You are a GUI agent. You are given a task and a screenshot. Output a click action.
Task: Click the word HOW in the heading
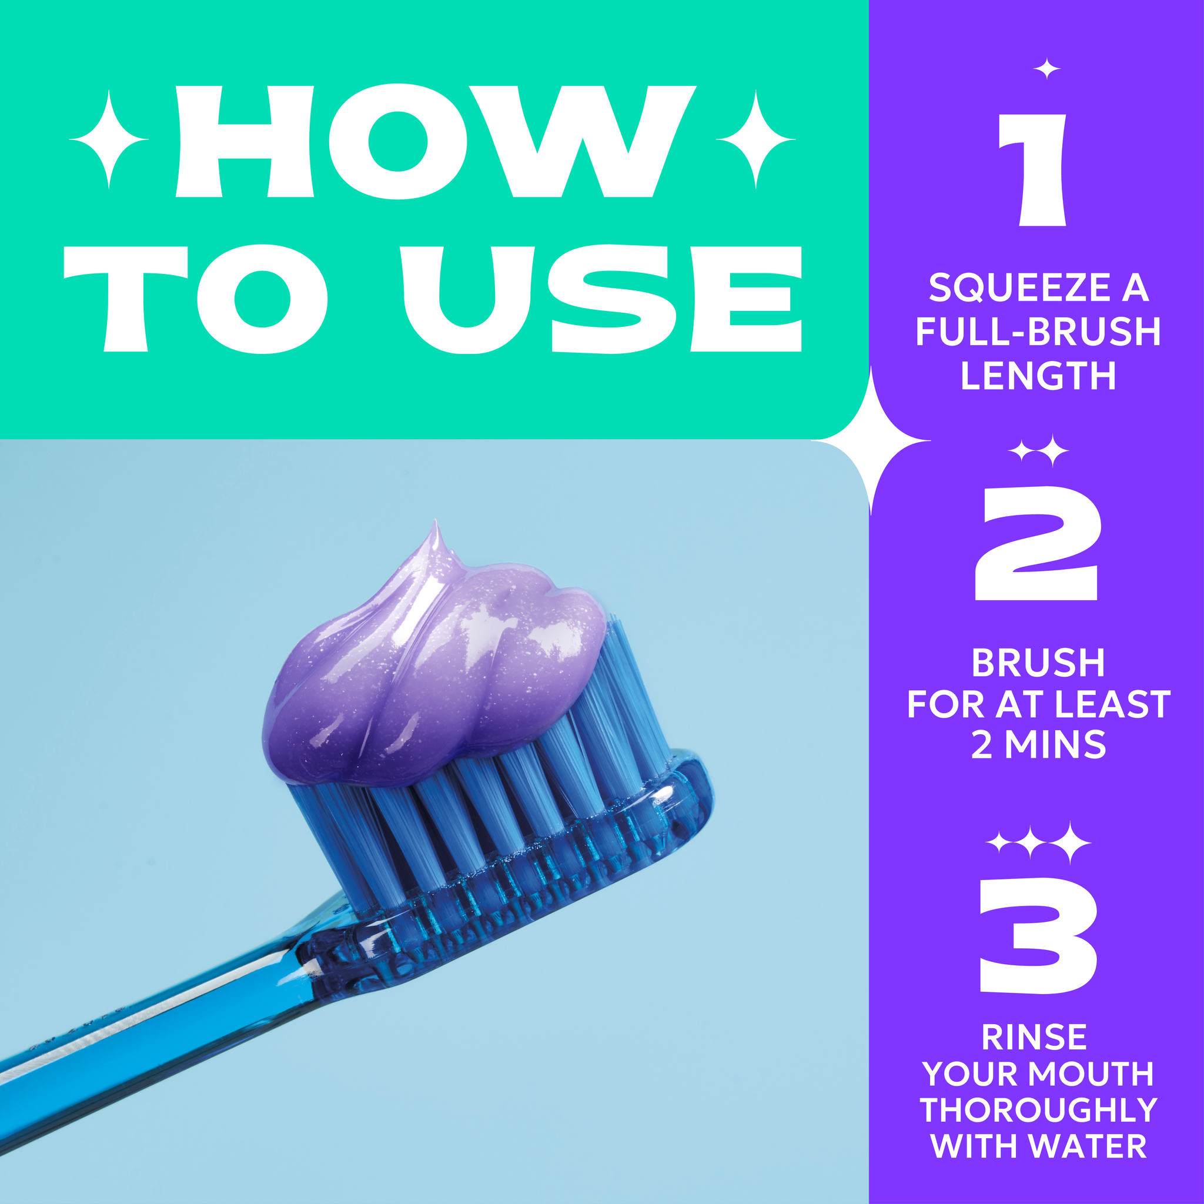[x=435, y=142]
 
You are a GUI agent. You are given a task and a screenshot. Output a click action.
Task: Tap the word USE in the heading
[x=603, y=299]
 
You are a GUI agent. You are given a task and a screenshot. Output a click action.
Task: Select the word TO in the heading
[x=196, y=299]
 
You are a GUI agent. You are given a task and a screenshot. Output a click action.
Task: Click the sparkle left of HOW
[x=109, y=139]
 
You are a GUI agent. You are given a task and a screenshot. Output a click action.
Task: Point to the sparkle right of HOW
[x=756, y=139]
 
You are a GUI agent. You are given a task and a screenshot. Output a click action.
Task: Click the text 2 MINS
[x=1038, y=745]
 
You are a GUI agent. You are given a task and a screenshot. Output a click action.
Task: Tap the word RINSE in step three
[x=1035, y=1038]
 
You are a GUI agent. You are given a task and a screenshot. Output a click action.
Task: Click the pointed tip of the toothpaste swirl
[x=436, y=520]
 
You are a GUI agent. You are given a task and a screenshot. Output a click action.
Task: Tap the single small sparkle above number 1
[x=1047, y=69]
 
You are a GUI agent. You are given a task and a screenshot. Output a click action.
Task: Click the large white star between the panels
[x=871, y=440]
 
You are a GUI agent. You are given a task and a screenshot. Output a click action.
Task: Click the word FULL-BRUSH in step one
[x=1038, y=332]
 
